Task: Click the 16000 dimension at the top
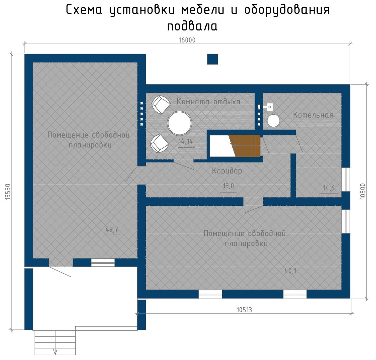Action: click(x=187, y=40)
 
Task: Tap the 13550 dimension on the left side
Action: click(x=8, y=192)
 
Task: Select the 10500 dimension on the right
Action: click(x=363, y=191)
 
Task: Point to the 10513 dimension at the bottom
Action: click(x=244, y=310)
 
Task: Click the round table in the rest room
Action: click(x=179, y=123)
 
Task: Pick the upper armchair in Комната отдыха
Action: click(x=161, y=104)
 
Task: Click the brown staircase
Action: click(x=245, y=146)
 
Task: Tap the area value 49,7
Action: click(x=112, y=230)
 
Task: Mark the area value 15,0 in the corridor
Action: click(x=228, y=186)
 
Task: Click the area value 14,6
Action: click(x=329, y=188)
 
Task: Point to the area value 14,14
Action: click(x=185, y=142)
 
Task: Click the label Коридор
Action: click(x=227, y=171)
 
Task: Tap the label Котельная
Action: click(x=313, y=115)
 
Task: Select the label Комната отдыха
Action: click(x=209, y=102)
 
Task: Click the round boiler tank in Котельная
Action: click(x=273, y=121)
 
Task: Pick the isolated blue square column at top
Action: click(x=212, y=59)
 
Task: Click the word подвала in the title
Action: click(x=192, y=26)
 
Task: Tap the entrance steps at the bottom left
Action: click(x=55, y=342)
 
